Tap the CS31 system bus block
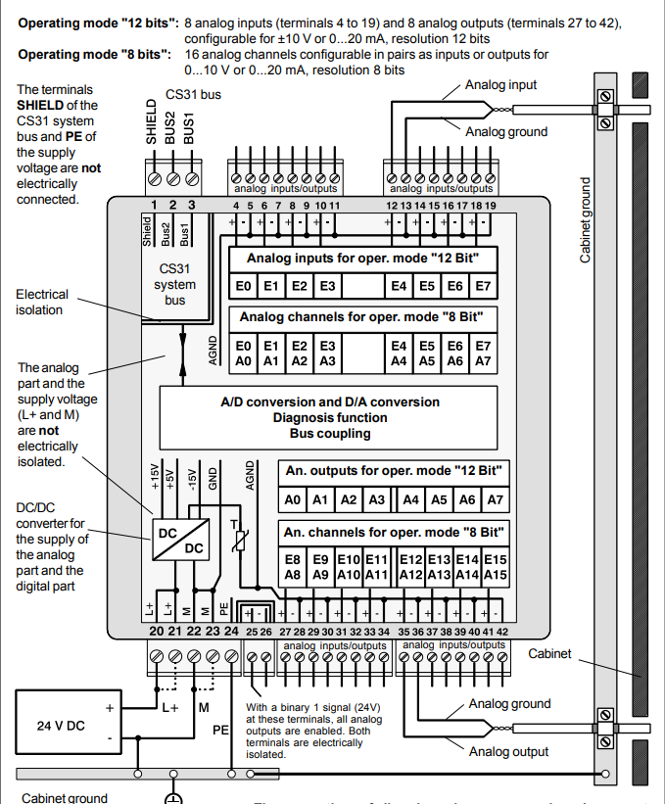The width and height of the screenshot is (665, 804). pos(176,284)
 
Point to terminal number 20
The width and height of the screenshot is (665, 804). pos(157,632)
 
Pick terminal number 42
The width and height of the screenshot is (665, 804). pos(502,633)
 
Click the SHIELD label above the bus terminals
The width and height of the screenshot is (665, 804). pos(153,120)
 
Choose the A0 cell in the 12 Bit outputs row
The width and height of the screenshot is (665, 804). pos(292,499)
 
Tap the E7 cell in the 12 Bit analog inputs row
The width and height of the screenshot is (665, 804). pos(482,287)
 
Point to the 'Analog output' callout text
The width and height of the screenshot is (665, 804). pos(508,752)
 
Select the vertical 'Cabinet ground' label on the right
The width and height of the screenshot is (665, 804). pos(586,219)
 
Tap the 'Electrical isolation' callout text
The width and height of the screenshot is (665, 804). pos(42,302)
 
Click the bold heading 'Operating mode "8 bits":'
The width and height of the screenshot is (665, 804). pos(85,55)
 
